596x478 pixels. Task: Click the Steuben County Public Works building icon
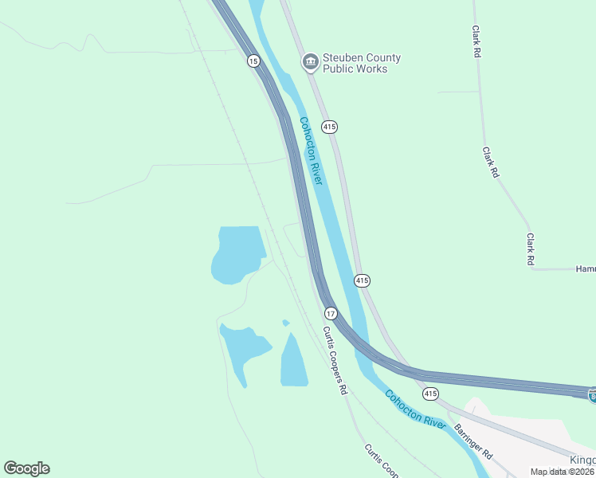[x=309, y=62]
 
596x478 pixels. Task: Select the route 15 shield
[x=253, y=61]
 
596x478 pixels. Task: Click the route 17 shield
[x=331, y=314]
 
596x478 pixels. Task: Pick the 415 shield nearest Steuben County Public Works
[x=330, y=127]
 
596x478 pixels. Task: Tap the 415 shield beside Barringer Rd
[x=430, y=394]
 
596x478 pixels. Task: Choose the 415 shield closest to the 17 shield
[x=362, y=280]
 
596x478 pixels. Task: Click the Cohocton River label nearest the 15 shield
[x=311, y=151]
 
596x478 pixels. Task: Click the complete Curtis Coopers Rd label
[x=335, y=361]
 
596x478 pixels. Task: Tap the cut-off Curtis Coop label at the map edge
[x=381, y=460]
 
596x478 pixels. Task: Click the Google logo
[x=26, y=468]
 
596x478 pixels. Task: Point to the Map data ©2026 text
[x=563, y=472]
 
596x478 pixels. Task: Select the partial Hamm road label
[x=585, y=269]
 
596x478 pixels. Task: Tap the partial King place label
[x=582, y=461]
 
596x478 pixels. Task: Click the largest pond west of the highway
[x=237, y=253]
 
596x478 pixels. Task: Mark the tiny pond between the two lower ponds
[x=285, y=323]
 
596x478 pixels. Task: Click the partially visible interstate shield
[x=592, y=394]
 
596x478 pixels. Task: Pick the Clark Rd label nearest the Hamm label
[x=530, y=249]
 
